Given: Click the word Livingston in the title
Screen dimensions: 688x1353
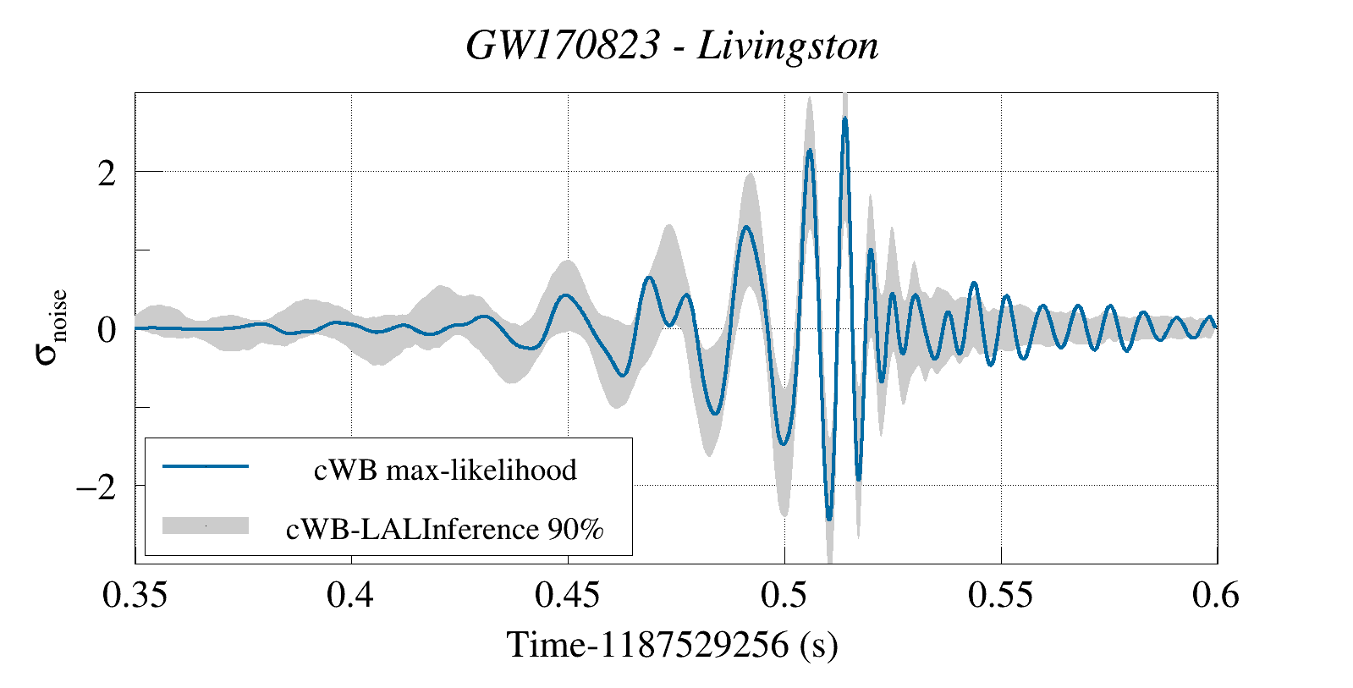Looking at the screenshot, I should coord(788,46).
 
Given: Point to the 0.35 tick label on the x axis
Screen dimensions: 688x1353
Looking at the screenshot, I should coord(135,596).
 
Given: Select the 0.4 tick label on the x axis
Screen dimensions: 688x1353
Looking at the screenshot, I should coord(350,596).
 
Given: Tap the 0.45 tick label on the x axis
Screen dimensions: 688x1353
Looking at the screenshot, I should coord(567,596).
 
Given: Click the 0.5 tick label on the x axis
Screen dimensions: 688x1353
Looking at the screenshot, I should coord(784,596).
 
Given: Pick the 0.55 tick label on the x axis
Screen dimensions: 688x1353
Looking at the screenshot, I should coord(1001,596).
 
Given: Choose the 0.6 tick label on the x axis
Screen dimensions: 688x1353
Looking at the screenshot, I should coord(1216,596).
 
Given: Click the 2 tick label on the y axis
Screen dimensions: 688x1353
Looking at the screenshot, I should coord(106,173).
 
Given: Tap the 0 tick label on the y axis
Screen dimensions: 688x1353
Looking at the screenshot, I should coord(106,330).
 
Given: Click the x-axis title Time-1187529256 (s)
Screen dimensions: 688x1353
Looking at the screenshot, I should coord(673,645).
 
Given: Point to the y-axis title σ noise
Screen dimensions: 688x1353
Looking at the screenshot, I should coord(51,327).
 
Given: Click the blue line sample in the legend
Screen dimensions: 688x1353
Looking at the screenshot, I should coord(206,466).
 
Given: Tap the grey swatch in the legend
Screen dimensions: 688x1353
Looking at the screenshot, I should coord(206,526).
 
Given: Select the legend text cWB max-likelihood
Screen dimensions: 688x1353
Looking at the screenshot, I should coord(445,470).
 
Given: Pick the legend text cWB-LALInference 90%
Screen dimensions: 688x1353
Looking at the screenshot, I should coord(445,529).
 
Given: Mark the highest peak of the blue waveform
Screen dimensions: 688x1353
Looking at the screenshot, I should coord(844,119).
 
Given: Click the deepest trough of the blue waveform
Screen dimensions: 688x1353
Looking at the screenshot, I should coord(829,519).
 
